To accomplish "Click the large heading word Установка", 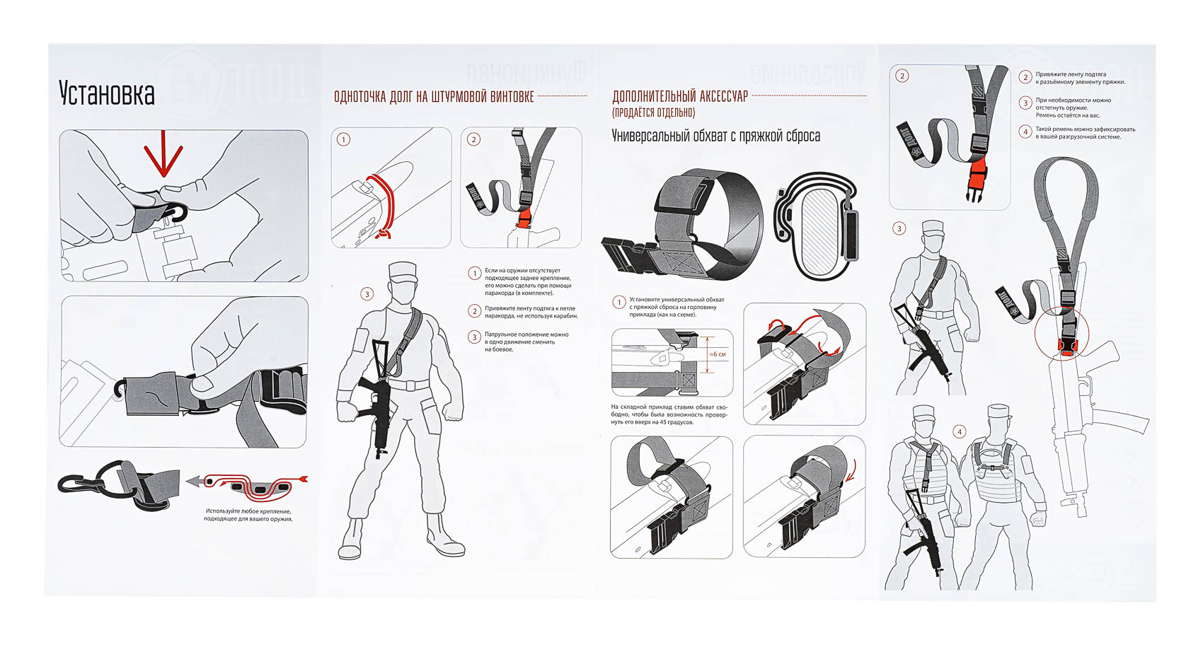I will point(106,93).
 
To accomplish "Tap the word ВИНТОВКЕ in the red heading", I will point(512,97).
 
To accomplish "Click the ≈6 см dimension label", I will point(718,354).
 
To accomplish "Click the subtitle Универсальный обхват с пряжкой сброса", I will point(715,136).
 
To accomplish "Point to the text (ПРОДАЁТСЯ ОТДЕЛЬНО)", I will point(653,112).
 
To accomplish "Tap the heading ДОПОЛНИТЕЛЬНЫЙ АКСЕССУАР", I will point(679,97).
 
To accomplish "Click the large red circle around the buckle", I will point(1061,332).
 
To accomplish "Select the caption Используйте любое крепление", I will point(248,515).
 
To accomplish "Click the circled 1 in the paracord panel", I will point(343,139).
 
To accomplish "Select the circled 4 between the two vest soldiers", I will point(960,431).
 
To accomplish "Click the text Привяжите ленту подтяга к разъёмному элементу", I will point(1080,78).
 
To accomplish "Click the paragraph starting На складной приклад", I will point(669,414).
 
